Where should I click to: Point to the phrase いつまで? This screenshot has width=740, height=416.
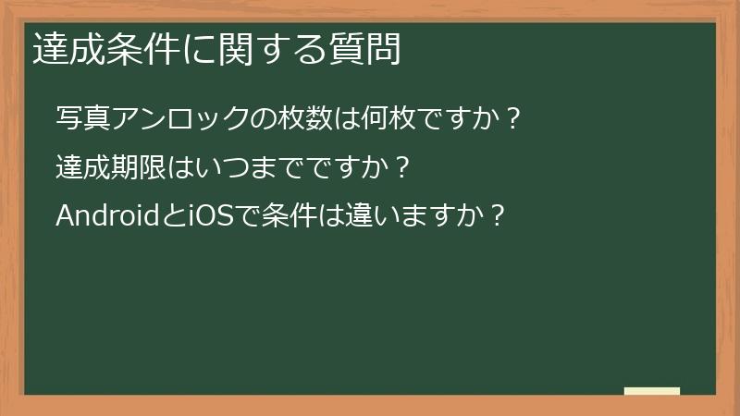[x=221, y=167]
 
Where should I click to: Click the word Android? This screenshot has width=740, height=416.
[x=109, y=216]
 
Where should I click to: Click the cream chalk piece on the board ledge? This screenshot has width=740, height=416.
[x=651, y=391]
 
